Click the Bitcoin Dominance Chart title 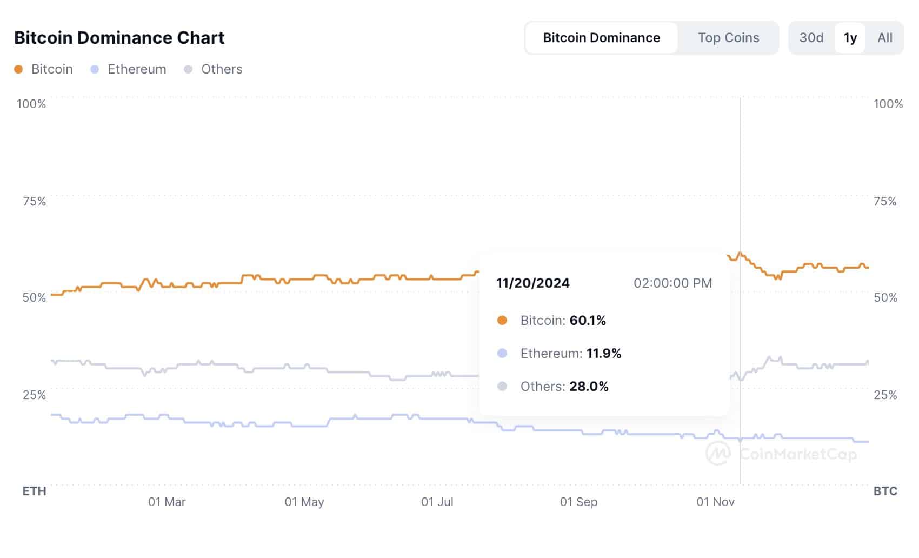(119, 38)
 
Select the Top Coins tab (728, 38)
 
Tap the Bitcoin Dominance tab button (601, 38)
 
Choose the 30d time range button (811, 38)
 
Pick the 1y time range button (850, 38)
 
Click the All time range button (884, 38)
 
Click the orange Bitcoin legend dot (18, 69)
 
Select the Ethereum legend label (137, 69)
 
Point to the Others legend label (222, 69)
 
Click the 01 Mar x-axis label (167, 502)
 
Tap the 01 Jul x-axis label (437, 502)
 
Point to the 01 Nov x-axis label (715, 502)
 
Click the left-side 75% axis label (34, 201)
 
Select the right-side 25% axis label (885, 395)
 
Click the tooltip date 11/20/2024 (532, 283)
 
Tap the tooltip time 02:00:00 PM (672, 283)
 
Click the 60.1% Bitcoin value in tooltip (588, 321)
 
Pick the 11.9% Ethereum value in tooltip (604, 354)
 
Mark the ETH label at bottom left (34, 491)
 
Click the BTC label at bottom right (885, 491)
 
